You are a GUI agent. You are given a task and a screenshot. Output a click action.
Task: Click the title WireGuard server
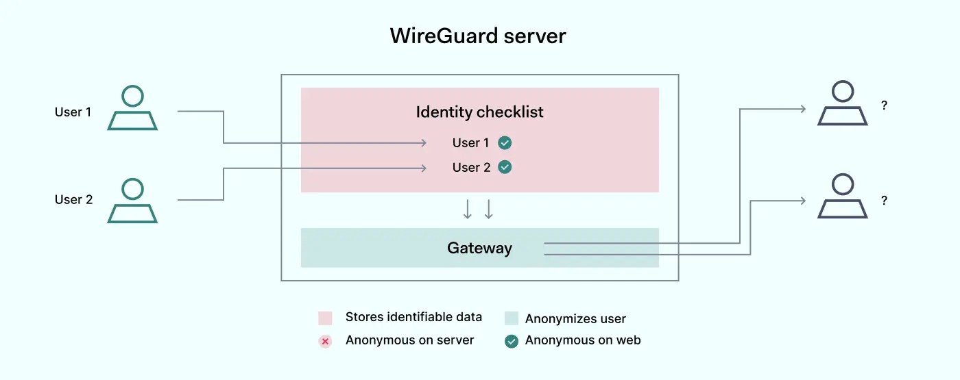pyautogui.click(x=478, y=36)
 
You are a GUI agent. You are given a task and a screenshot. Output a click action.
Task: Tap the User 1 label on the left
pyautogui.click(x=73, y=112)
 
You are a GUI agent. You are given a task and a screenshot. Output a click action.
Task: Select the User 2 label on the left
pyautogui.click(x=73, y=200)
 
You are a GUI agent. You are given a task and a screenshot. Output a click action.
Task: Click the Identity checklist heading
pyautogui.click(x=479, y=112)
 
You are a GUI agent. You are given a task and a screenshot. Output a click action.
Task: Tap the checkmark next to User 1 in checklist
pyautogui.click(x=505, y=143)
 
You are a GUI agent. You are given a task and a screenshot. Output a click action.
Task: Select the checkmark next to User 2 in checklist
pyautogui.click(x=505, y=167)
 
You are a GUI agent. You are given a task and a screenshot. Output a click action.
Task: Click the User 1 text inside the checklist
pyautogui.click(x=470, y=143)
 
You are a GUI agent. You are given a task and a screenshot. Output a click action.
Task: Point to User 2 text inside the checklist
pyautogui.click(x=471, y=168)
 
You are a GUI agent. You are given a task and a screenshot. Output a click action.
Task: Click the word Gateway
pyautogui.click(x=479, y=248)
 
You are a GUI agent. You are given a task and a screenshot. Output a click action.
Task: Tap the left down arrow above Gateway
pyautogui.click(x=468, y=210)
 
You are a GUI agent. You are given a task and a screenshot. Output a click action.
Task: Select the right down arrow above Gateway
pyautogui.click(x=489, y=210)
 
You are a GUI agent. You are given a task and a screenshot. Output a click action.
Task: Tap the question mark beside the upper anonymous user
pyautogui.click(x=885, y=106)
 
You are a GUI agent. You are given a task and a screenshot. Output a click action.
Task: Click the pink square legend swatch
pyautogui.click(x=325, y=318)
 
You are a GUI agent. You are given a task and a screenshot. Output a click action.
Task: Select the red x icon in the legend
pyautogui.click(x=325, y=341)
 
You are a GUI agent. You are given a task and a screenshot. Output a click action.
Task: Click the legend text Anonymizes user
pyautogui.click(x=575, y=318)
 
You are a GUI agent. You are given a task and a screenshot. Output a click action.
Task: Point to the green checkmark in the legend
pyautogui.click(x=511, y=341)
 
